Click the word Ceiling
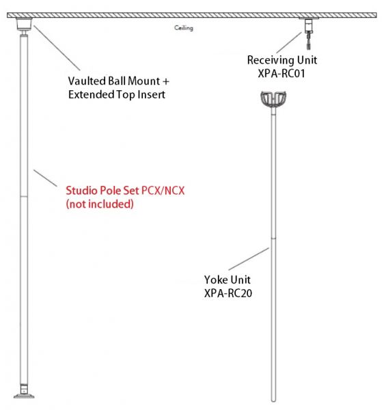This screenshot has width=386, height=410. pos(184,28)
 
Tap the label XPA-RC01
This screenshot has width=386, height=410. pos(281,74)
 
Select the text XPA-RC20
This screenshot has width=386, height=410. pos(228,293)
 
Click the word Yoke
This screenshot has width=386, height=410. pos(215,279)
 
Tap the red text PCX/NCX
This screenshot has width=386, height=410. pos(163,191)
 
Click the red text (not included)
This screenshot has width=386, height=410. pos(100,204)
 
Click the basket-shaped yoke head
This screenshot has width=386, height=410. pos(273,99)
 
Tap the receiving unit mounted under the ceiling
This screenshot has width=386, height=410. pos(309,33)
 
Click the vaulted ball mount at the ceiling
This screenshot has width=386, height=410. pos(24,25)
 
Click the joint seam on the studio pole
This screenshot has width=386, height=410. pos(24,196)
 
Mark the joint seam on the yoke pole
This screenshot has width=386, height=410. pos(273,238)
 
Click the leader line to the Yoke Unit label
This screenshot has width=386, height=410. pos(249,259)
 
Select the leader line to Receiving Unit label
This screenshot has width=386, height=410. pos(289,42)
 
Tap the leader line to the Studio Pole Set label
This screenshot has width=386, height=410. pos(45,178)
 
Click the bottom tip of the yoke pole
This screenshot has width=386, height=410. pos(273,401)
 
